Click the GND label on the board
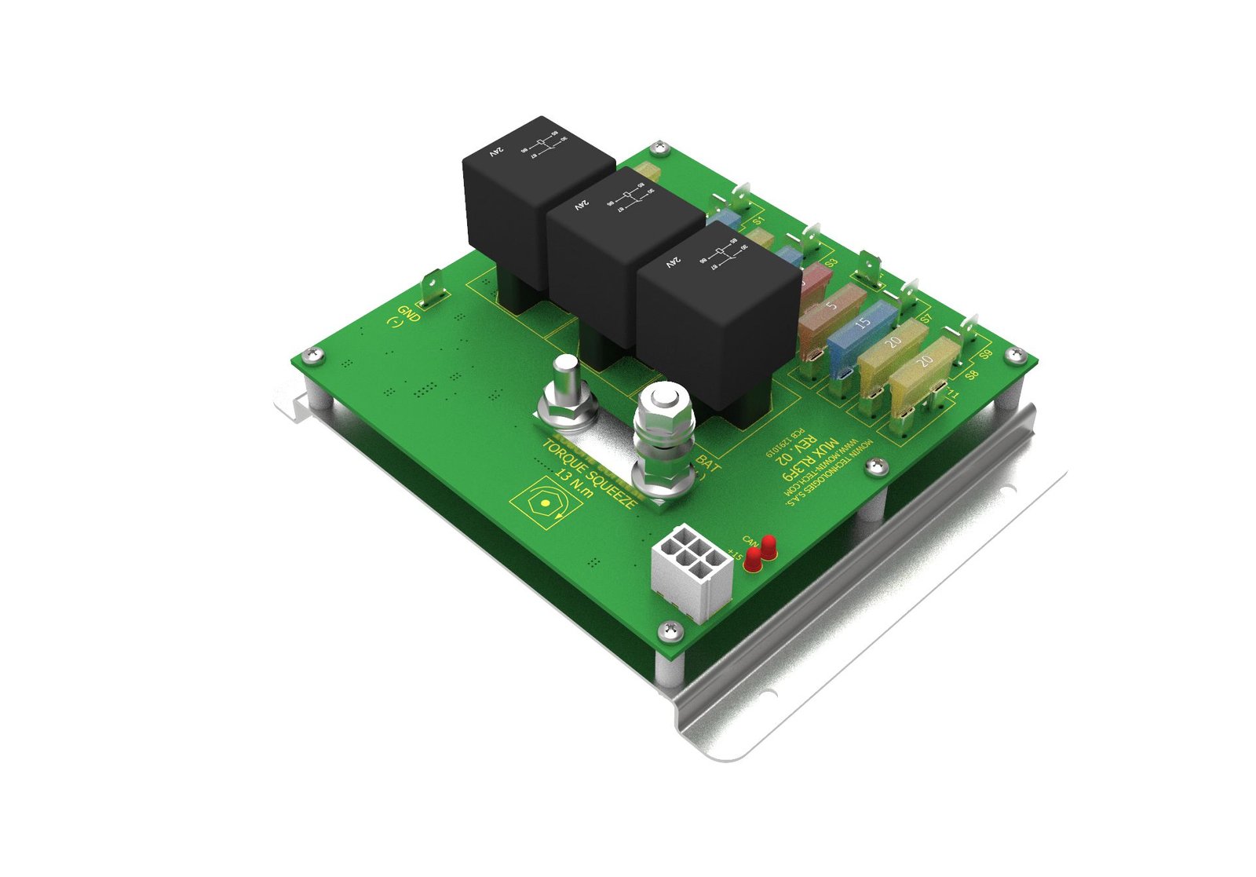coord(409,315)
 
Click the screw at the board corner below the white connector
coord(670,628)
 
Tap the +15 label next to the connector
coord(735,555)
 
